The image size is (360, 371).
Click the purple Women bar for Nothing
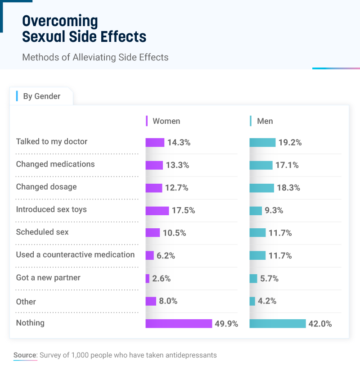pyautogui.click(x=179, y=324)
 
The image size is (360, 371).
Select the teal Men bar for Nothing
pyautogui.click(x=278, y=324)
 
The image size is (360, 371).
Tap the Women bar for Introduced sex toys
pyautogui.click(x=157, y=211)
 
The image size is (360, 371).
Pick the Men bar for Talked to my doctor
pyautogui.click(x=262, y=143)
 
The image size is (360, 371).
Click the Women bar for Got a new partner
pyautogui.click(x=148, y=279)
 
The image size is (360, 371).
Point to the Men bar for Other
pyautogui.click(x=252, y=301)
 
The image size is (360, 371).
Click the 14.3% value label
pyautogui.click(x=179, y=143)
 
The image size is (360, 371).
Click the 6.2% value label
pyautogui.click(x=166, y=256)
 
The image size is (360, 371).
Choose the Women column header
pyautogui.click(x=166, y=121)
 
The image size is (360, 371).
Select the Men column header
pyautogui.click(x=265, y=121)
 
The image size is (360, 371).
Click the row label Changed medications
pyautogui.click(x=55, y=164)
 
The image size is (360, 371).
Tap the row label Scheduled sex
pyautogui.click(x=42, y=232)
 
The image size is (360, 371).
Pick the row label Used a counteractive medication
pyautogui.click(x=75, y=254)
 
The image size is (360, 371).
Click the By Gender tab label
pyautogui.click(x=41, y=96)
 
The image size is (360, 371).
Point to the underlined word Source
pyautogui.click(x=25, y=355)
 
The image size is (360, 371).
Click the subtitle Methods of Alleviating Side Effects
pyautogui.click(x=95, y=57)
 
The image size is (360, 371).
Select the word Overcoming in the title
pyautogui.click(x=60, y=21)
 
